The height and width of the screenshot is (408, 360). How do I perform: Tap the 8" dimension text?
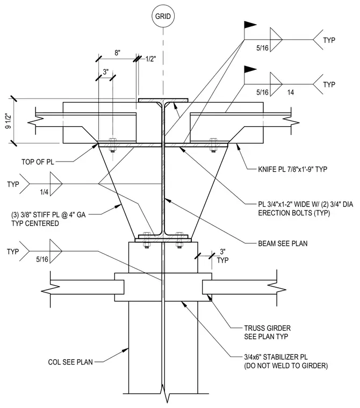[117, 53]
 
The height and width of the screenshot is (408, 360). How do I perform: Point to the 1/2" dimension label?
[150, 59]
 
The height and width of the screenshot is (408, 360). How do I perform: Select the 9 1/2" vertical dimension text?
[9, 120]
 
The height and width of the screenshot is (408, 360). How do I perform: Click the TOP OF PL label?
[38, 162]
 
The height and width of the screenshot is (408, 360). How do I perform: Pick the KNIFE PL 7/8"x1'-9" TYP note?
[292, 169]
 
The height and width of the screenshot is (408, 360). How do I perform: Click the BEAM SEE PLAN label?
[283, 244]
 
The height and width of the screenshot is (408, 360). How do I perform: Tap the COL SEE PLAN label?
[70, 362]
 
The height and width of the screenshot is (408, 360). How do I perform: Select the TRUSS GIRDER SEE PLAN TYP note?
[267, 332]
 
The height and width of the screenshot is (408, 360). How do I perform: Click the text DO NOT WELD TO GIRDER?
[286, 366]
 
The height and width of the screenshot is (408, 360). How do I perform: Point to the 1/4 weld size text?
[44, 192]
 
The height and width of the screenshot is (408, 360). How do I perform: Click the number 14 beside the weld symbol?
[291, 92]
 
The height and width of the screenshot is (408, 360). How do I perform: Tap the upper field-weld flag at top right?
[250, 25]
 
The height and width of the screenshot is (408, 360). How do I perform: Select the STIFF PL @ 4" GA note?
[48, 215]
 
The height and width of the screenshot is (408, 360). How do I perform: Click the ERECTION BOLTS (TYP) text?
[294, 213]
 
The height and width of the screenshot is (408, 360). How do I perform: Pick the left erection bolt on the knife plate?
[112, 145]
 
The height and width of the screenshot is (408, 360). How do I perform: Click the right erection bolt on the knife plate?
[213, 145]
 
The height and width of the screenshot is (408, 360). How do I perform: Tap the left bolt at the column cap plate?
[146, 240]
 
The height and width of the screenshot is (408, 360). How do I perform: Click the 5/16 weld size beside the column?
[42, 259]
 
